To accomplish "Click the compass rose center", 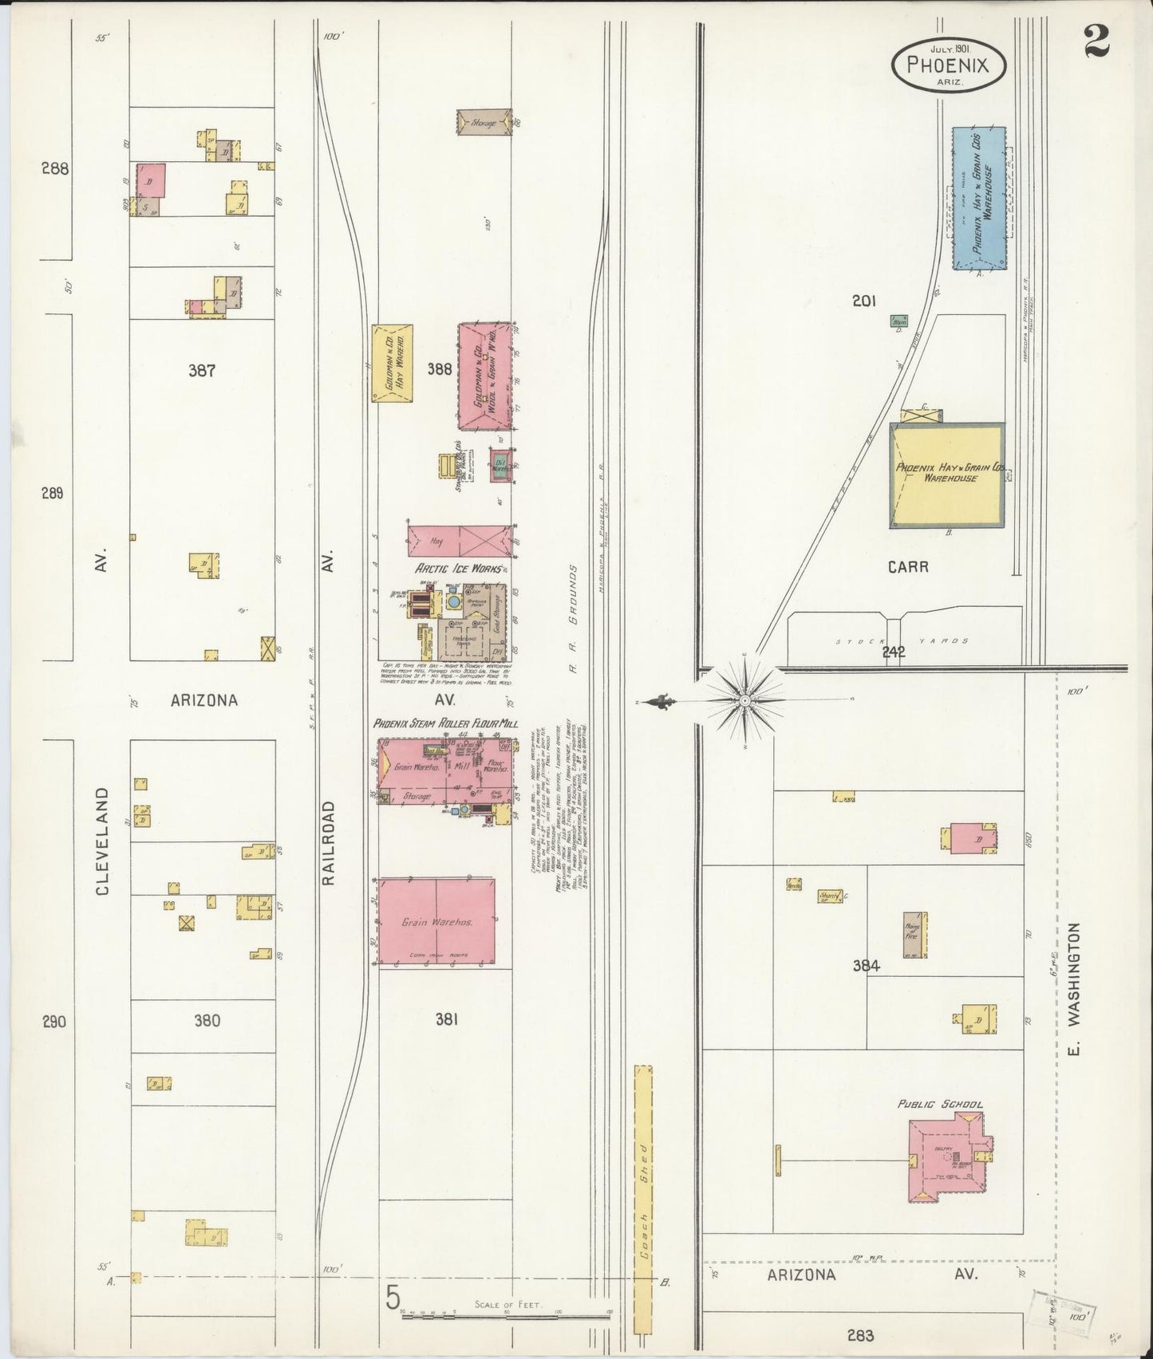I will pyautogui.click(x=743, y=701).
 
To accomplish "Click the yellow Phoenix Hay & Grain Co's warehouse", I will pyautogui.click(x=946, y=475).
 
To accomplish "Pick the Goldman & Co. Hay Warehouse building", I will pyautogui.click(x=392, y=363).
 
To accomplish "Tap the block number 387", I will pyautogui.click(x=203, y=370).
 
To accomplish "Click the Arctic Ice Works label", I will pyautogui.click(x=456, y=569).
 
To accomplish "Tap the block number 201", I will pyautogui.click(x=864, y=301).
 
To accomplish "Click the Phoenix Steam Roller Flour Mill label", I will pyautogui.click(x=445, y=724).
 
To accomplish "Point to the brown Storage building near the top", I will pyautogui.click(x=484, y=123).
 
